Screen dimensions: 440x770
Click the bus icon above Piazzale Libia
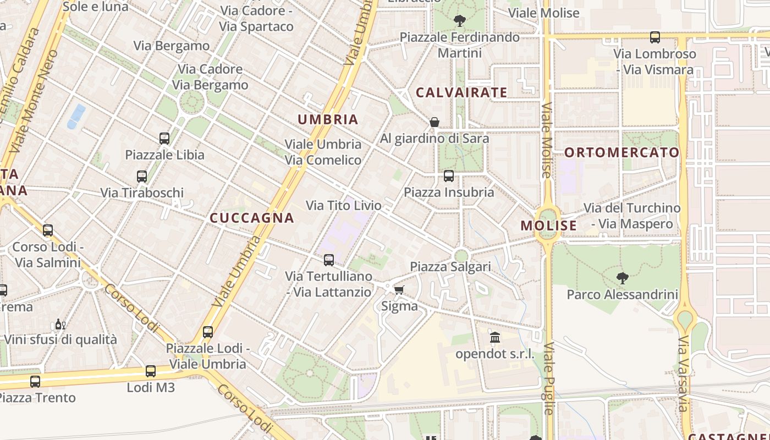tap(164, 138)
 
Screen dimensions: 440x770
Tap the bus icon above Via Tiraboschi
tap(142, 177)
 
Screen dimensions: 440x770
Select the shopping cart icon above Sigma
tap(399, 290)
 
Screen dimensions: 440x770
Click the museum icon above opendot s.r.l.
tap(495, 337)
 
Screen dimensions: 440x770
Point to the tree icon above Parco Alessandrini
tap(622, 278)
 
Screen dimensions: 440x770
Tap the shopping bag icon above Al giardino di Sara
tap(435, 122)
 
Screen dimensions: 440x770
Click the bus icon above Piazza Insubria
tap(449, 176)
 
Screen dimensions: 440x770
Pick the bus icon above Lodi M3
tap(151, 371)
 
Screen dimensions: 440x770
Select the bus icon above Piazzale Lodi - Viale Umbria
tap(207, 332)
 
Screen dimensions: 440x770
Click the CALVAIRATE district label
tap(461, 92)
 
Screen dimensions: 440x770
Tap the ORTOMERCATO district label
tap(622, 152)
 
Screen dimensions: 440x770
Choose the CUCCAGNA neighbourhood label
tap(252, 218)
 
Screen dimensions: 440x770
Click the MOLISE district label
tap(548, 226)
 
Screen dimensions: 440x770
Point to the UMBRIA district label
tap(328, 119)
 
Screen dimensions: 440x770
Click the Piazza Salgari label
tap(450, 267)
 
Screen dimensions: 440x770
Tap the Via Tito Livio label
tap(343, 206)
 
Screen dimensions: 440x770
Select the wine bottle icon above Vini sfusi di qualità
tap(60, 324)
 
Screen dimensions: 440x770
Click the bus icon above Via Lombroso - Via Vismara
tap(654, 37)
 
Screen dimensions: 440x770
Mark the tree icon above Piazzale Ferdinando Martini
tap(459, 21)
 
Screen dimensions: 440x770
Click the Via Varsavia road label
tap(683, 374)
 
